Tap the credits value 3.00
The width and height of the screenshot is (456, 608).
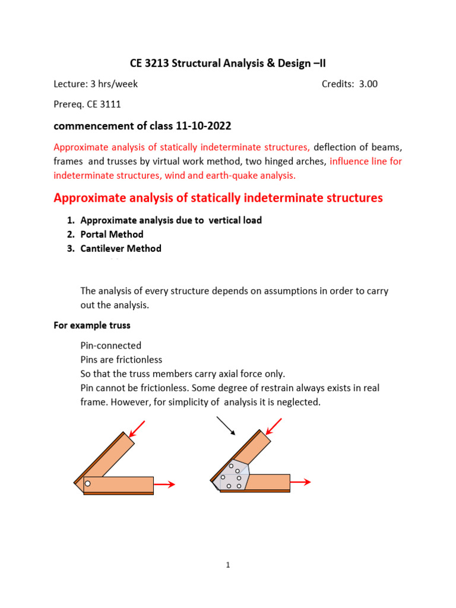[x=367, y=84]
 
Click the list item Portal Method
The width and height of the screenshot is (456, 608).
[x=112, y=235]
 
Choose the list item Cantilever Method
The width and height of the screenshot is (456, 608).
[x=121, y=249]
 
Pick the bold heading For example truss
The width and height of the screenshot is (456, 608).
[x=92, y=325]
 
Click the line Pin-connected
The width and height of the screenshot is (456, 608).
[x=110, y=346]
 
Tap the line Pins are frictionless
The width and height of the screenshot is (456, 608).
[x=121, y=360]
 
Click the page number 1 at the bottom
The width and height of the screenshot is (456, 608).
[x=228, y=565]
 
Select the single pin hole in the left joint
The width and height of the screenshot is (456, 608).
[x=87, y=484]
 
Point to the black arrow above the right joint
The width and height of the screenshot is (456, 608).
[x=225, y=425]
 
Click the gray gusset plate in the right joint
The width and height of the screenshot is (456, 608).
[x=233, y=475]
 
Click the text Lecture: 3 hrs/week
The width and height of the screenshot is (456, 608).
[x=96, y=84]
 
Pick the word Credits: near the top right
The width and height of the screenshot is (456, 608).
[x=338, y=84]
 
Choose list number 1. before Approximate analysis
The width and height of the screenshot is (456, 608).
[x=71, y=220]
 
